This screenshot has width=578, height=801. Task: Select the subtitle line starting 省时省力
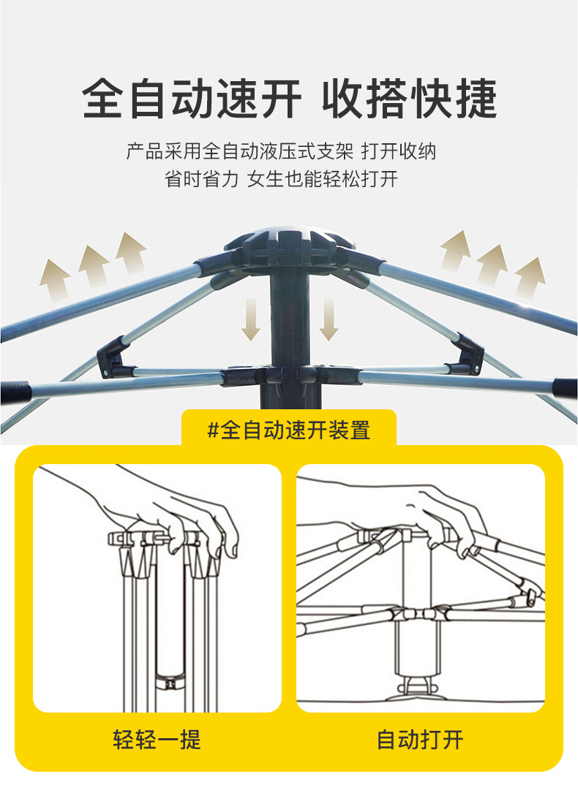tap(281, 179)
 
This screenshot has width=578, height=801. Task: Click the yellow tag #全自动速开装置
tap(288, 430)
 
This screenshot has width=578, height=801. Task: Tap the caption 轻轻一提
tap(157, 740)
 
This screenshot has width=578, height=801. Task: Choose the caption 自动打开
tap(420, 740)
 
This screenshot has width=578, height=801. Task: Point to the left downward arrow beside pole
tap(251, 319)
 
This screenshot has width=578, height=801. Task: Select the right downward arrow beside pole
tap(329, 319)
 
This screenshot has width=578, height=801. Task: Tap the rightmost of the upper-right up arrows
tap(530, 278)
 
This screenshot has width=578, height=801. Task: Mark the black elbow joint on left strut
tap(113, 356)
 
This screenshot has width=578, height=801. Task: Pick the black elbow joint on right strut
tap(467, 354)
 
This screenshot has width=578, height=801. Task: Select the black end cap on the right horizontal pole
tap(565, 389)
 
